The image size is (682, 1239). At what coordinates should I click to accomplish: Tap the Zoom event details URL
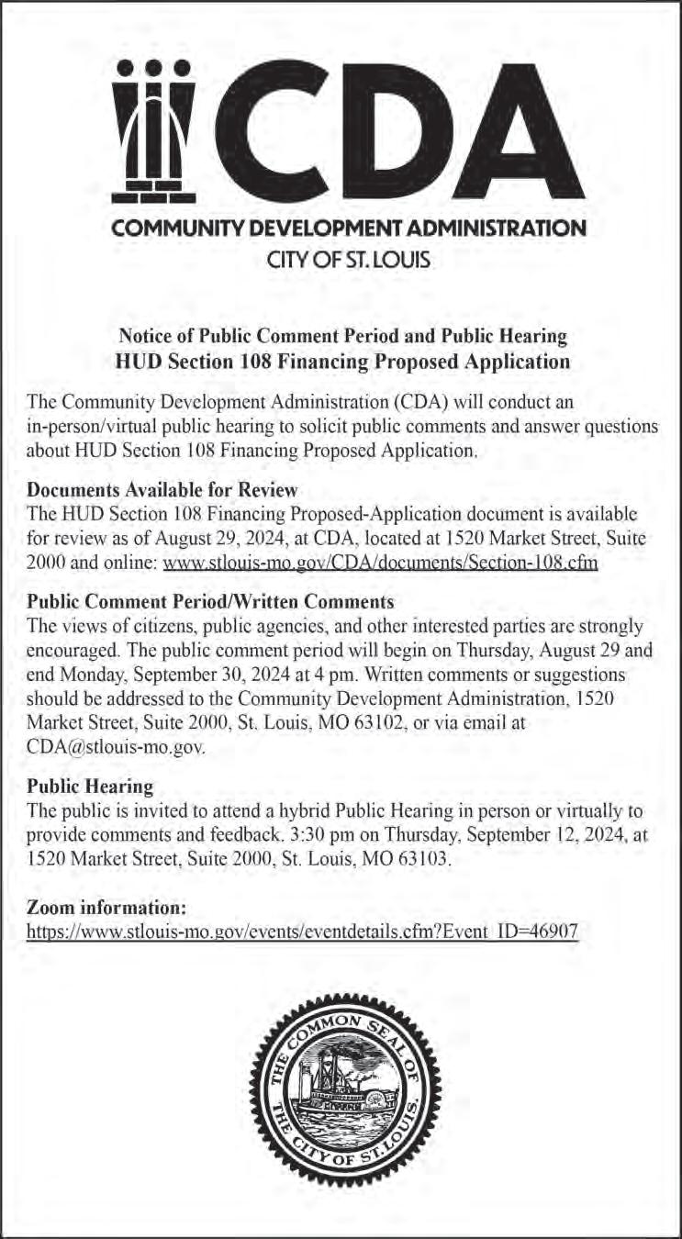(302, 930)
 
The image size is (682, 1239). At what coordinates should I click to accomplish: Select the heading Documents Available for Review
(163, 489)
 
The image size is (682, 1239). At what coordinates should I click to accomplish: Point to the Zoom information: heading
(107, 907)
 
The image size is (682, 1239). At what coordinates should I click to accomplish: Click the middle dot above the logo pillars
(155, 67)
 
